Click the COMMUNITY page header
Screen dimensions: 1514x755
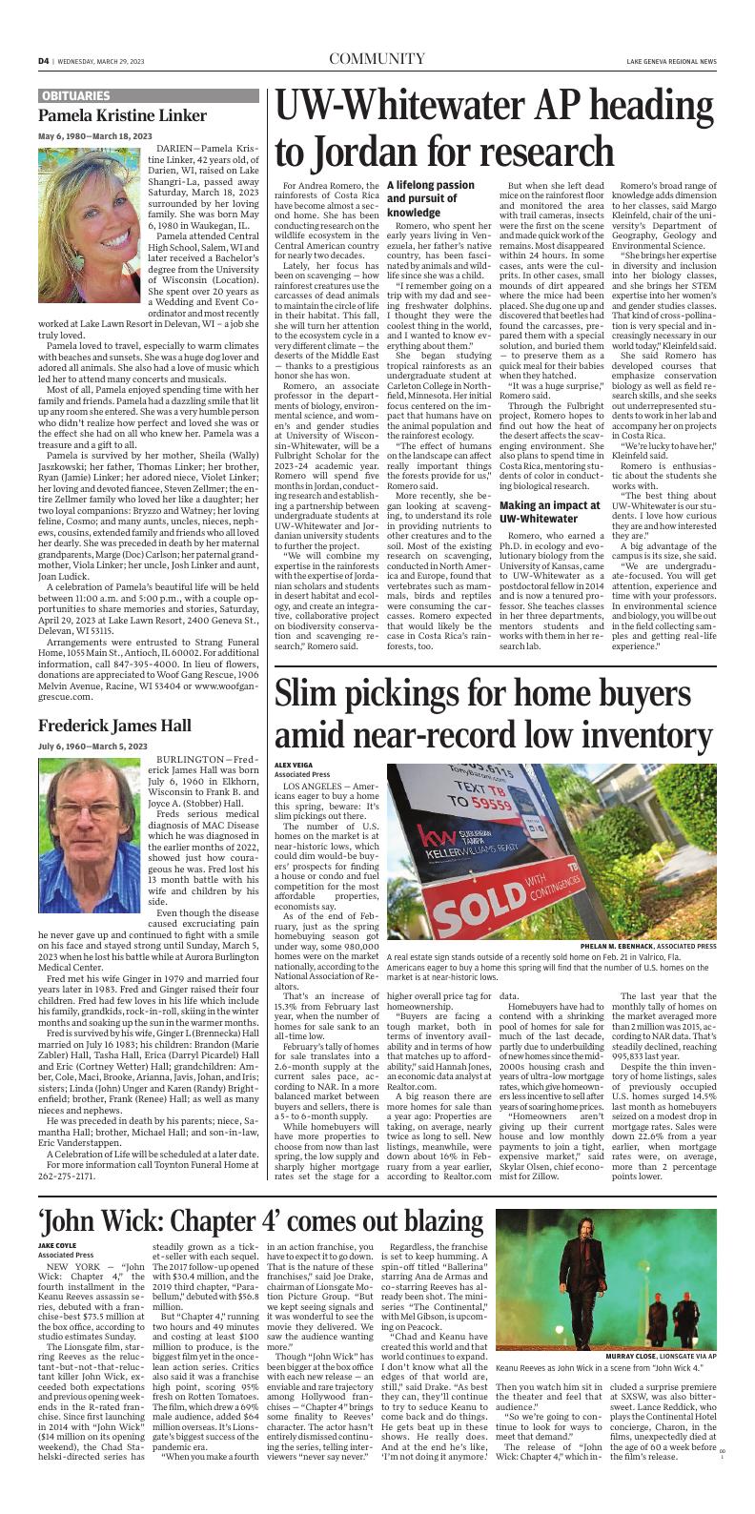click(377, 60)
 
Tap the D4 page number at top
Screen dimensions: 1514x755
click(44, 61)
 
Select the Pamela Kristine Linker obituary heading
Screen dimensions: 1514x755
click(122, 116)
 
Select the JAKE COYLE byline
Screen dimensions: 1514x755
click(56, 1245)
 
